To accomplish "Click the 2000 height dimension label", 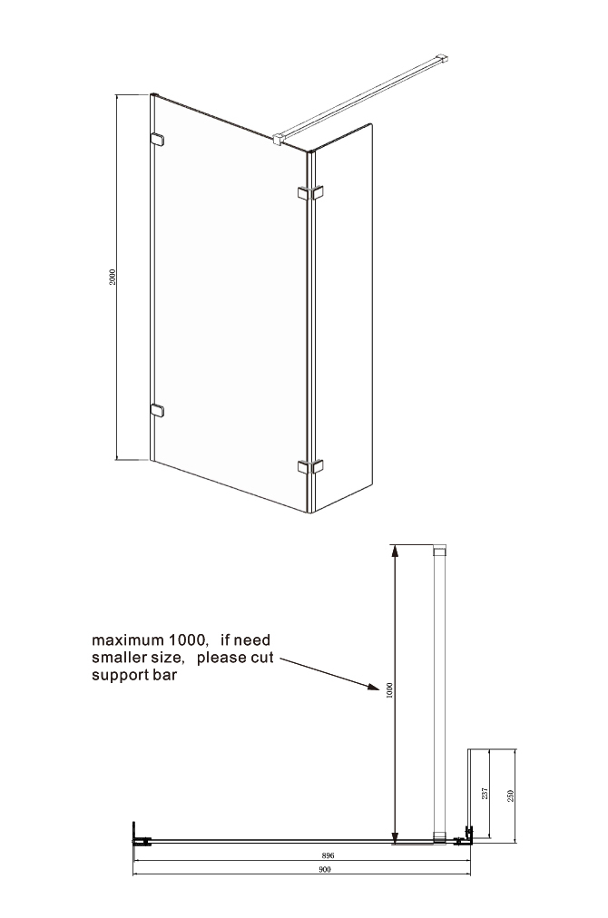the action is click(x=113, y=277).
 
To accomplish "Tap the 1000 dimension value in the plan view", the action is click(x=391, y=691).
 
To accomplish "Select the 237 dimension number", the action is click(x=485, y=794).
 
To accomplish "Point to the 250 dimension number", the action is click(x=510, y=796).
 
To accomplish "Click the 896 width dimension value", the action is click(x=328, y=855).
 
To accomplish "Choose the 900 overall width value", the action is click(x=325, y=869).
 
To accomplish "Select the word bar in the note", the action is click(x=166, y=675).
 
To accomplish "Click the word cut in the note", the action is click(x=262, y=657).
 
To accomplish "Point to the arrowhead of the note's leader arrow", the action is click(x=374, y=687).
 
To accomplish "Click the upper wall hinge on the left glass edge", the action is click(x=157, y=140).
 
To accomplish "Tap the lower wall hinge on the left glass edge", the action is click(x=157, y=410).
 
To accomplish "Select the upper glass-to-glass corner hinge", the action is click(x=310, y=192).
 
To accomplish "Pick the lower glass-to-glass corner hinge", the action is click(x=310, y=466).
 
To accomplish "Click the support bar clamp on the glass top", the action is click(x=279, y=138).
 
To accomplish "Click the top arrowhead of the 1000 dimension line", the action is click(x=395, y=550).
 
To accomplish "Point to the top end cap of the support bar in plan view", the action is click(x=439, y=550).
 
